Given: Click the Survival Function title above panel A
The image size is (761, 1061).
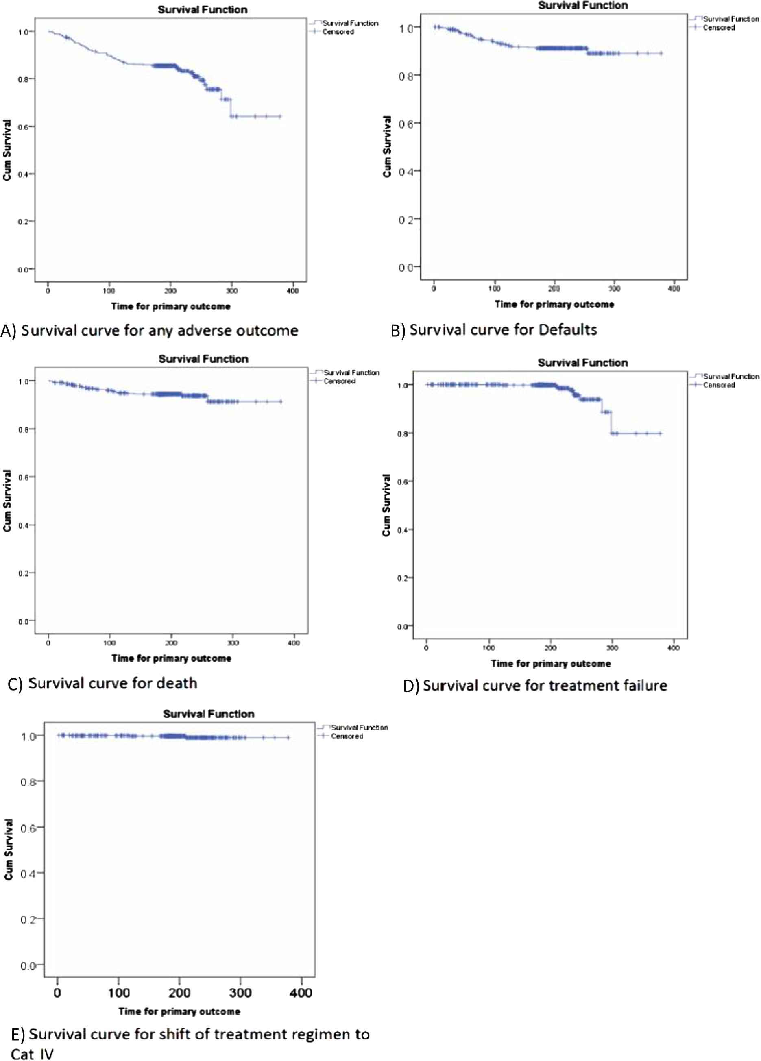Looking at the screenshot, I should pos(202,9).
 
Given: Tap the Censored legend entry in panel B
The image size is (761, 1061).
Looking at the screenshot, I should pos(718,28).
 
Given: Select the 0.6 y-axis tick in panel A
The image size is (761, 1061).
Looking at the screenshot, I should pos(24,126).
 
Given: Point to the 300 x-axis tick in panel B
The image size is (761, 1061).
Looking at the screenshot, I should pos(614,289).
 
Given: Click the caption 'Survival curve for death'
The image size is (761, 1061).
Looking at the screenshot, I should pos(112,684).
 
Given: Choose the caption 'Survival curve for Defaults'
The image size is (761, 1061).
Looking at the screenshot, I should pos(503,330).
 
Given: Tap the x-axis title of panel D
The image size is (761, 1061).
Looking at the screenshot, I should pos(550,663).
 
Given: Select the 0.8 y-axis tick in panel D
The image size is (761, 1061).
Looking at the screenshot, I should pos(403,434).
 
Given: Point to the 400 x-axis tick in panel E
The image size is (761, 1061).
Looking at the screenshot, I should pos(301,992).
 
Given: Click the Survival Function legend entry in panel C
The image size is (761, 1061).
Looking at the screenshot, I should pos(351,373).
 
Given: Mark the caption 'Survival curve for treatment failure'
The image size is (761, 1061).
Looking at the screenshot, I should pos(545,686).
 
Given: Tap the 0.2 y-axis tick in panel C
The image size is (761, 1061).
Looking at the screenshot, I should pos(24,573).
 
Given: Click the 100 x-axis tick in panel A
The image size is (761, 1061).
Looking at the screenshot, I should pos(109,290).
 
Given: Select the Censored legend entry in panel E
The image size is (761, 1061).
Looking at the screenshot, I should pos(347,736).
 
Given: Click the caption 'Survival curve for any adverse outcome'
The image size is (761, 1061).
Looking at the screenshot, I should pos(159,331).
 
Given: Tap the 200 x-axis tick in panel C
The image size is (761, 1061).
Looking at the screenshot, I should pos(171,643).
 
